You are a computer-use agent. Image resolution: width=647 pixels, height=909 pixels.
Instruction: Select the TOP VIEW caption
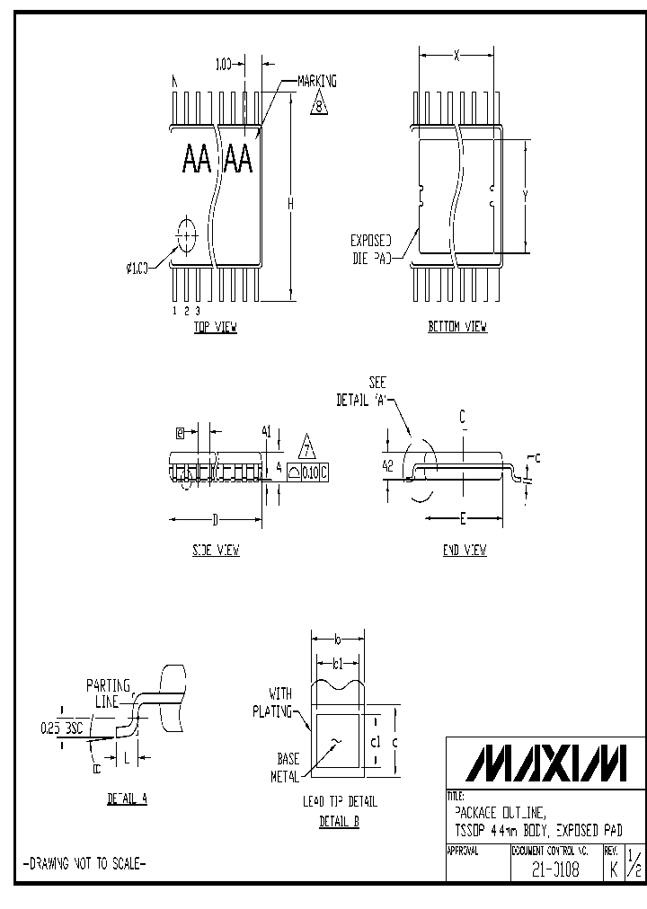point(216,328)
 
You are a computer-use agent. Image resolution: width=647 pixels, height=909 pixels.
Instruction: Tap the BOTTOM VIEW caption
point(457,328)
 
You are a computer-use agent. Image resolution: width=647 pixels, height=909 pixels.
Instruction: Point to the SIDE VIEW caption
point(216,551)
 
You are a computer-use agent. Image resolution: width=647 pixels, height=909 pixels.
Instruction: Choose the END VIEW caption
point(465,551)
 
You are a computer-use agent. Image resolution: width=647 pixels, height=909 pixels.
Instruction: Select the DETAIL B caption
point(340,822)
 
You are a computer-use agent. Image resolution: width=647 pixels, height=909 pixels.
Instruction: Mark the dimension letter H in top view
point(291,205)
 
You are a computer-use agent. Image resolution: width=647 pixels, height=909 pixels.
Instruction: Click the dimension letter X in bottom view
point(456,56)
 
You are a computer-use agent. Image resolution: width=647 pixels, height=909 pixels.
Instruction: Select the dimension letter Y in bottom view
point(524,195)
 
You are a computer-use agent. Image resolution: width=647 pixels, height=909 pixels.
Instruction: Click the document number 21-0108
point(554,869)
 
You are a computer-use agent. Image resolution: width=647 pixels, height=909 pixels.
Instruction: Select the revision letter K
point(613,869)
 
